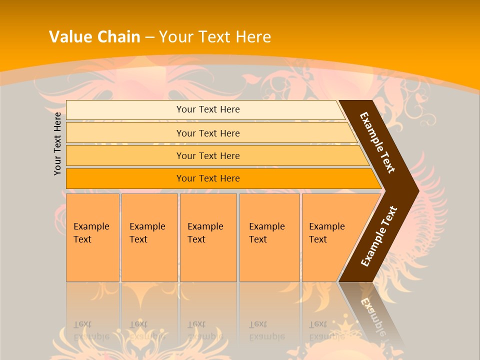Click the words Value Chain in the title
pos(94,37)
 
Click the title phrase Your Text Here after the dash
pos(215,37)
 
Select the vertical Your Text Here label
pos(57,143)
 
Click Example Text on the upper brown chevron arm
pos(377,142)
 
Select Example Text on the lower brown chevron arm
pos(379,236)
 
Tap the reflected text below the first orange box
pos(91,330)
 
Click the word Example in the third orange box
pos(205,226)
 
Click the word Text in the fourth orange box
pos(258,239)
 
